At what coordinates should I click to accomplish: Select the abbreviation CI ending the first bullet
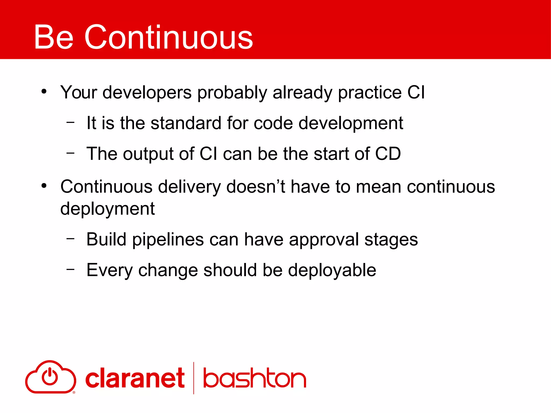416,92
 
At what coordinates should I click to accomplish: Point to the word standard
186,123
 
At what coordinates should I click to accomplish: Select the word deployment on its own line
107,209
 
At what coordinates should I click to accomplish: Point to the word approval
324,240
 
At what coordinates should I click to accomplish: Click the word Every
109,270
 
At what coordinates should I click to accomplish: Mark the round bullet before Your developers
44,91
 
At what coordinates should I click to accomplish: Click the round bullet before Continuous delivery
44,186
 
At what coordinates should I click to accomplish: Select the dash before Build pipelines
70,238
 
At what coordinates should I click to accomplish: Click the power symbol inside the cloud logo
50,377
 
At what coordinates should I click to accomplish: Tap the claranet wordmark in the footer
135,378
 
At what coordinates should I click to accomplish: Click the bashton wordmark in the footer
254,378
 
